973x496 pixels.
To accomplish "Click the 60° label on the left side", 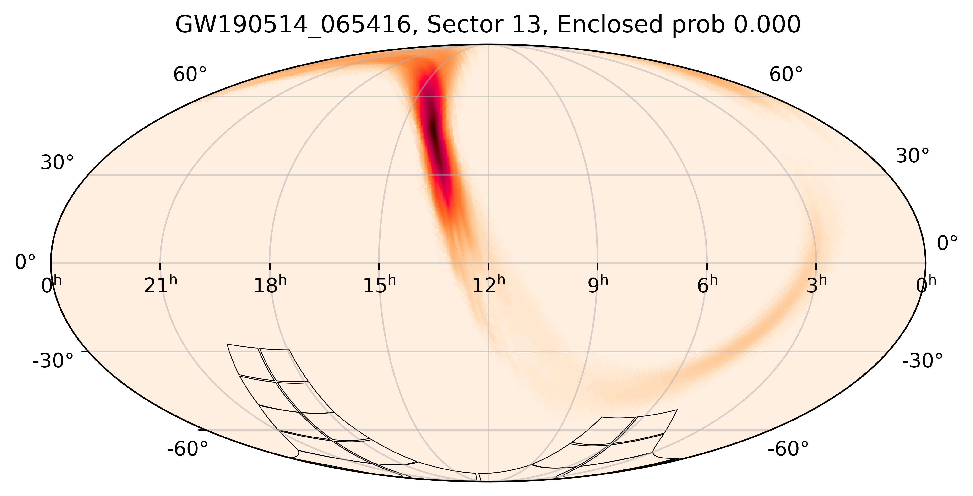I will [x=190, y=75].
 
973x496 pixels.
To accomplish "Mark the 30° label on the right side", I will [x=913, y=156].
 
